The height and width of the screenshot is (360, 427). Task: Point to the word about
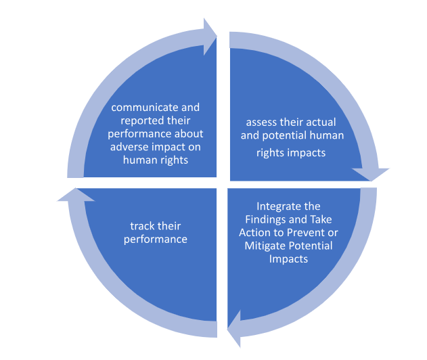pyautogui.click(x=188, y=134)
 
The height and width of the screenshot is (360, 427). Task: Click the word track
pyautogui.click(x=142, y=226)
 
